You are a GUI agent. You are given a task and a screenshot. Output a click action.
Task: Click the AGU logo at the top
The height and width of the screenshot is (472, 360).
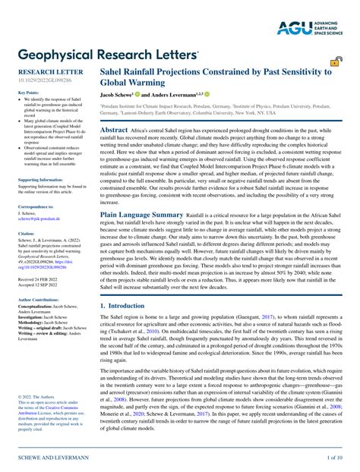[x=311, y=28]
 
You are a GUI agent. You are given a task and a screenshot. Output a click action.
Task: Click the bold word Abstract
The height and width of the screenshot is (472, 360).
[x=114, y=131]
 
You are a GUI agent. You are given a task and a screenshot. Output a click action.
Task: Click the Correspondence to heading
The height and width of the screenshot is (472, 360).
[x=35, y=206]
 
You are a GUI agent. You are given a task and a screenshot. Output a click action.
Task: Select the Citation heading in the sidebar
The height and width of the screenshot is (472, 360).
[x=26, y=234]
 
